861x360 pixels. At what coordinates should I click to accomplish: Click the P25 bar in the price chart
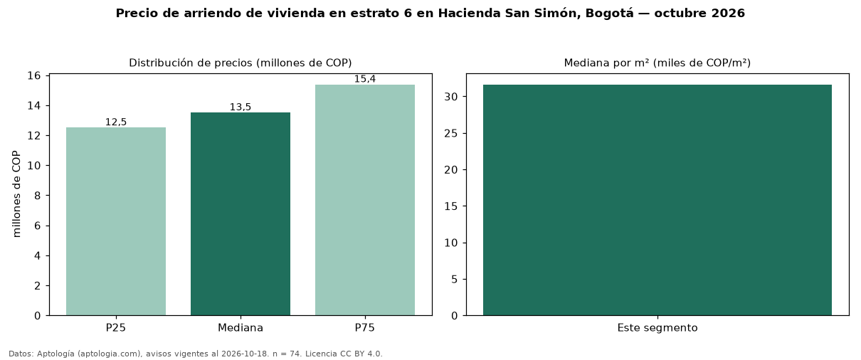click(x=116, y=221)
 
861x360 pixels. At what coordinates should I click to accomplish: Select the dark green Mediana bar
click(x=241, y=214)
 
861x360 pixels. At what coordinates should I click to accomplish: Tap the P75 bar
click(x=365, y=200)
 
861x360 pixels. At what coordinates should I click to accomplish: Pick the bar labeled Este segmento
click(x=657, y=200)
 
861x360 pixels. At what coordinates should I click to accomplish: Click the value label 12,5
click(x=116, y=122)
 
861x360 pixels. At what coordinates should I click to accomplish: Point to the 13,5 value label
click(x=241, y=107)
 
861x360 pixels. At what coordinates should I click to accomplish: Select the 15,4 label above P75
click(x=365, y=79)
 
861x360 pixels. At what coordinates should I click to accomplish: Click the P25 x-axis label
click(x=116, y=328)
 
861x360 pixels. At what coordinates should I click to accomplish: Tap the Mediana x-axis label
click(x=241, y=328)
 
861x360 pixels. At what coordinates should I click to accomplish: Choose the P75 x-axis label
click(x=365, y=328)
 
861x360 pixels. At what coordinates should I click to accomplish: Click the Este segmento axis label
click(x=657, y=328)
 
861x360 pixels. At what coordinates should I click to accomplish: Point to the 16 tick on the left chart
click(x=34, y=75)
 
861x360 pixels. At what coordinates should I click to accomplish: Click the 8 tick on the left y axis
click(x=37, y=196)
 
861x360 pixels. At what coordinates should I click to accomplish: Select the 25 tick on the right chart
click(x=451, y=134)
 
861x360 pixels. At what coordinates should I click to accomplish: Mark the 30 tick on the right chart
click(x=451, y=97)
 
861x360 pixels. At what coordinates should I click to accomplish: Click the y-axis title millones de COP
click(x=16, y=194)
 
